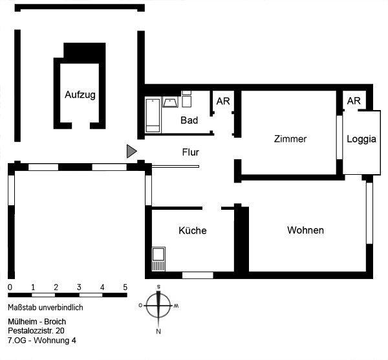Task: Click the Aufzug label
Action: [x=81, y=95]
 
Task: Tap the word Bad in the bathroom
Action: [x=189, y=120]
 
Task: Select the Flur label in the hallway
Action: [x=190, y=153]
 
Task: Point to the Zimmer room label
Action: [x=290, y=139]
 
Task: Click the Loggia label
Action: [x=361, y=139]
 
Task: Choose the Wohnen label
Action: [x=306, y=230]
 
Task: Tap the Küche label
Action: [x=192, y=231]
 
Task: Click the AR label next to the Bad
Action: [x=223, y=102]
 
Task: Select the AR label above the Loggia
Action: [x=354, y=101]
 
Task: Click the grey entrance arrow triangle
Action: [x=131, y=152]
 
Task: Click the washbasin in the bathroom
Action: [x=171, y=102]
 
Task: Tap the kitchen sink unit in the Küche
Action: [x=158, y=259]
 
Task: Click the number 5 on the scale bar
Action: [x=125, y=287]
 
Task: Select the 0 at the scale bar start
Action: [x=10, y=287]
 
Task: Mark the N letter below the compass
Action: [x=157, y=332]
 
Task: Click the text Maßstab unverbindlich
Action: [x=46, y=308]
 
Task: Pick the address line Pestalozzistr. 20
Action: [x=41, y=330]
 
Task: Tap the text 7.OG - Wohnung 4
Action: [x=42, y=339]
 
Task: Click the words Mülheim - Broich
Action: [x=37, y=321]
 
